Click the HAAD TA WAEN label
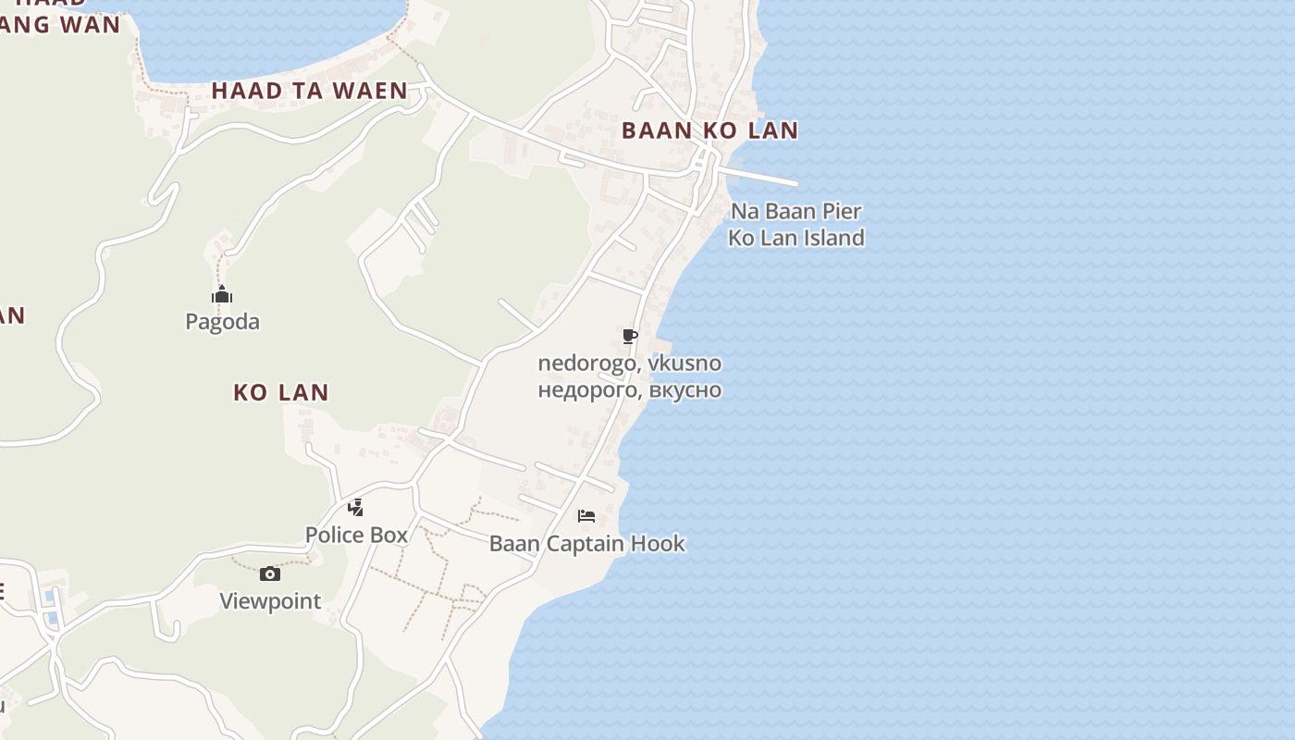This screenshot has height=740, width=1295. (x=309, y=91)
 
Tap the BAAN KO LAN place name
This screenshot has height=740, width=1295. (x=709, y=130)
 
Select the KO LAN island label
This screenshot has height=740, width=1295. (x=280, y=392)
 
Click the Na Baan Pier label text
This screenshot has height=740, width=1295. (x=796, y=211)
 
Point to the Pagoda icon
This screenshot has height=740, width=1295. (x=222, y=295)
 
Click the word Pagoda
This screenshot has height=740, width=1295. (x=222, y=322)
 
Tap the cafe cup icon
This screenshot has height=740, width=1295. (x=630, y=336)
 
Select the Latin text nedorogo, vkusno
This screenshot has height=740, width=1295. (x=629, y=364)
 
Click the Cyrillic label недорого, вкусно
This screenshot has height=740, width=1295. (x=629, y=389)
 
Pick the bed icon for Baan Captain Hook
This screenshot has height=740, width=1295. (x=586, y=515)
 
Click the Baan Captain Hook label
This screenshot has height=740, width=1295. (x=587, y=543)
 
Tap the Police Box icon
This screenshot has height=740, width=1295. (x=356, y=507)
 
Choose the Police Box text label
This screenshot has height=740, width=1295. (x=356, y=535)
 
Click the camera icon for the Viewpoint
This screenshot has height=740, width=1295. (x=270, y=573)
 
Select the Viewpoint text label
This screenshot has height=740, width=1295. (x=270, y=601)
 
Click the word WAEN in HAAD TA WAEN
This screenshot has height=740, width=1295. (x=373, y=91)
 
